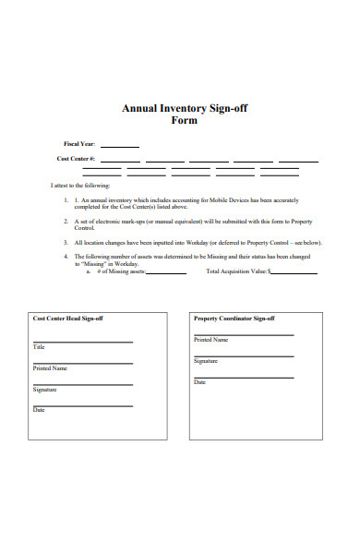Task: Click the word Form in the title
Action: click(x=185, y=121)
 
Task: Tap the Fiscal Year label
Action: click(x=78, y=144)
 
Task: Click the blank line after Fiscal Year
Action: click(x=119, y=146)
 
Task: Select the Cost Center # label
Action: click(x=76, y=159)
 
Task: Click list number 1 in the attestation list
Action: click(x=66, y=199)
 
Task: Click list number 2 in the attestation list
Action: click(x=66, y=222)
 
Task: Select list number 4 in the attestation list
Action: click(x=66, y=256)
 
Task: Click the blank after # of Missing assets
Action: click(x=166, y=273)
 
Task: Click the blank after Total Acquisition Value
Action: click(x=294, y=273)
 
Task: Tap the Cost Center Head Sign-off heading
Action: click(x=68, y=319)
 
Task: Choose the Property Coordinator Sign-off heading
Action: click(x=234, y=319)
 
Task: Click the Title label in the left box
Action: click(x=39, y=347)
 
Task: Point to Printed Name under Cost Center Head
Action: click(x=50, y=368)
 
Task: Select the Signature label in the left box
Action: click(x=45, y=390)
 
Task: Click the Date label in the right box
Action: click(x=199, y=382)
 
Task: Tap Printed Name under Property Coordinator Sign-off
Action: click(x=211, y=340)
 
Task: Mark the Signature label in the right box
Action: click(x=206, y=361)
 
